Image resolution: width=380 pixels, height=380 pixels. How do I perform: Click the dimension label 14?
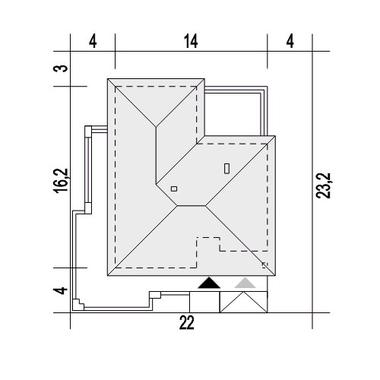click(x=191, y=42)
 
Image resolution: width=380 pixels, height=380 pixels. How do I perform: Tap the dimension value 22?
click(x=187, y=323)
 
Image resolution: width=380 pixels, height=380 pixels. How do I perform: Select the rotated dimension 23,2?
click(x=323, y=186)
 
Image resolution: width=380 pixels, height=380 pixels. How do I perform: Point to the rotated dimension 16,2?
click(x=61, y=180)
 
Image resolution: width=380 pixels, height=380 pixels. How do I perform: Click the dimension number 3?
click(x=61, y=68)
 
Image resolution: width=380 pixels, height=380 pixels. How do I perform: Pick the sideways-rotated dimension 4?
click(x=61, y=290)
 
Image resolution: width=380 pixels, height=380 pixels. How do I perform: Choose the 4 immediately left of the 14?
click(x=93, y=42)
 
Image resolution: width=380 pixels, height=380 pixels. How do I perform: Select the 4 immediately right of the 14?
click(x=290, y=42)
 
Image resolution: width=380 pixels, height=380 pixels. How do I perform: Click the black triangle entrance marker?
click(x=209, y=283)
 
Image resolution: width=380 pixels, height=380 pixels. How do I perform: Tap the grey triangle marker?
click(x=245, y=283)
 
